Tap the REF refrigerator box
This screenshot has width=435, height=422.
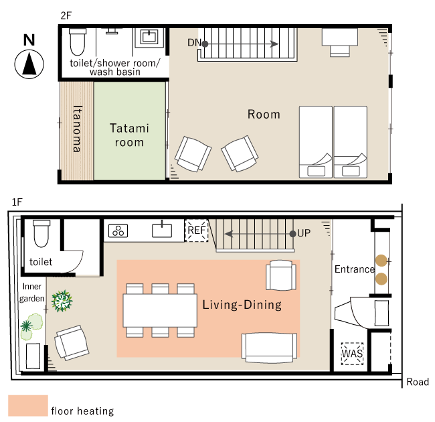click(197, 230)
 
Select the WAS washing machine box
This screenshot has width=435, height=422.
click(352, 354)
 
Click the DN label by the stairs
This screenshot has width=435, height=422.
click(194, 43)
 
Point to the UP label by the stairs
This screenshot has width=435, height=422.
click(304, 233)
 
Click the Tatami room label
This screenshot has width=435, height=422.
click(129, 135)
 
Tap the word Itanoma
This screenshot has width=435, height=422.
click(78, 129)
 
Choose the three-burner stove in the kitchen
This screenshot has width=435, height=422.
click(118, 230)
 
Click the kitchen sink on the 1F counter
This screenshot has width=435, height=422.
click(162, 230)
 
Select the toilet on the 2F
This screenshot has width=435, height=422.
click(78, 42)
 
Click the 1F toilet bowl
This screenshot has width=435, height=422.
click(41, 233)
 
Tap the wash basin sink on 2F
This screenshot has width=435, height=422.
click(149, 37)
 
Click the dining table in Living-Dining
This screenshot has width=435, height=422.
click(160, 310)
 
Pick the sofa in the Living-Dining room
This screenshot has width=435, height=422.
click(270, 348)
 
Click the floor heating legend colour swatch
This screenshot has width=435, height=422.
click(28, 406)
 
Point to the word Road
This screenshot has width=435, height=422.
click(418, 382)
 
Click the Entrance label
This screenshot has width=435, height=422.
click(355, 269)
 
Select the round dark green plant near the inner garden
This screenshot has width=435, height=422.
click(62, 301)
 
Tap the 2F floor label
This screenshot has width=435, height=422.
click(66, 15)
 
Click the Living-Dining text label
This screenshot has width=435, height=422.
click(242, 305)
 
